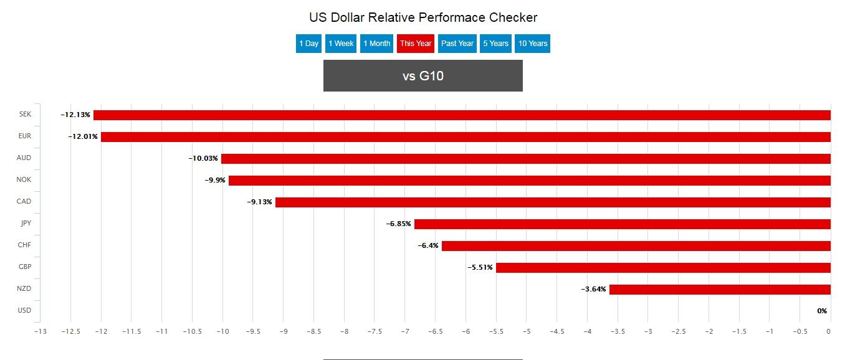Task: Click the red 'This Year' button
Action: [x=416, y=44]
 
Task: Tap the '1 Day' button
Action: [x=308, y=44]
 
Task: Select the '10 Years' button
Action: [x=533, y=44]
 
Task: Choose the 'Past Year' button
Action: [x=457, y=44]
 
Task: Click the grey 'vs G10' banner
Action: [x=423, y=76]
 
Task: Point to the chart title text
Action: [x=423, y=17]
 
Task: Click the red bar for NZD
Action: [x=720, y=289]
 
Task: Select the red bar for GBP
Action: [x=663, y=267]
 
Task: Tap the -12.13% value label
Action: [x=75, y=115]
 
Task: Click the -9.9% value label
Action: [x=215, y=181]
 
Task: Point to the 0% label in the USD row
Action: [x=822, y=311]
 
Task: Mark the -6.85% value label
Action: [x=398, y=224]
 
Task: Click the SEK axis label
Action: [x=25, y=115]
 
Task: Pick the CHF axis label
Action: [x=24, y=245]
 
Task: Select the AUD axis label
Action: [x=24, y=158]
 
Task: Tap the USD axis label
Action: [x=24, y=311]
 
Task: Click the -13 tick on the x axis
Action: [x=41, y=332]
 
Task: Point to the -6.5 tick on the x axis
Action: [x=436, y=332]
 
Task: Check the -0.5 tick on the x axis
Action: [x=800, y=332]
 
